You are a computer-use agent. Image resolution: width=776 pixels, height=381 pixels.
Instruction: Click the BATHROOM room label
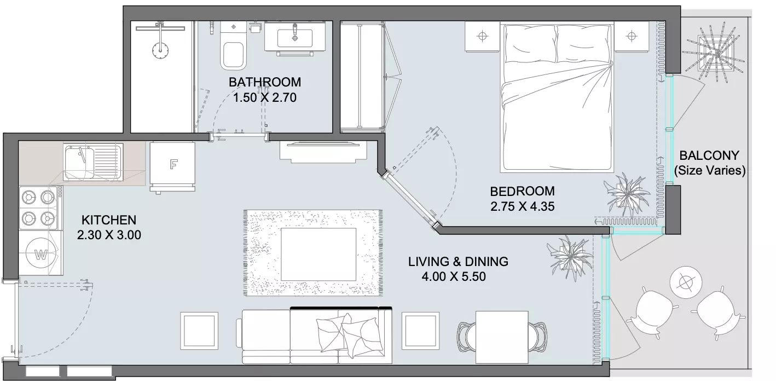265,82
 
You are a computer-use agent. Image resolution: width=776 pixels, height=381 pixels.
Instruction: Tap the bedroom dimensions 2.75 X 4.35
523,206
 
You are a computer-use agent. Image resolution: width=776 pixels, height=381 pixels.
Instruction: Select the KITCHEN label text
109,220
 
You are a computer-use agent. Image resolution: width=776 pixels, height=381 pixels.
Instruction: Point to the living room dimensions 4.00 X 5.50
454,276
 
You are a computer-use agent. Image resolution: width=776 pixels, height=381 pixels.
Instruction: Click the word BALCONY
709,155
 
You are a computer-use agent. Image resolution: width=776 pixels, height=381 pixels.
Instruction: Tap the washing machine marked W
41,253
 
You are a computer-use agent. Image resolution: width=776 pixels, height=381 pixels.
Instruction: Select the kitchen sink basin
79,162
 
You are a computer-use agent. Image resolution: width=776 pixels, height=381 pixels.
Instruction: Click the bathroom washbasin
295,37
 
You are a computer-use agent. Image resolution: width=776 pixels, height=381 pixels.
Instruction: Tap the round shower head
160,50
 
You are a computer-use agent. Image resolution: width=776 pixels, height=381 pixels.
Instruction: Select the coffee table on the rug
318,254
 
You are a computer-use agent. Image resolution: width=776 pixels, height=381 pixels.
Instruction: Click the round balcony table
686,283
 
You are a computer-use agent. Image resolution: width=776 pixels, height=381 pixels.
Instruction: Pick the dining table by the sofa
502,337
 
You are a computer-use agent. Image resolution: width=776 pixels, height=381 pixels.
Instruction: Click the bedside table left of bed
482,37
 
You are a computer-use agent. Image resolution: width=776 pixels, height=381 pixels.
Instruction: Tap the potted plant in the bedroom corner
627,194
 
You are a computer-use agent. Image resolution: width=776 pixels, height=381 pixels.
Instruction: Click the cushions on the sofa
350,334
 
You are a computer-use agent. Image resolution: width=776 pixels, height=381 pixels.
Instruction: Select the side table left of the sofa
199,331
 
